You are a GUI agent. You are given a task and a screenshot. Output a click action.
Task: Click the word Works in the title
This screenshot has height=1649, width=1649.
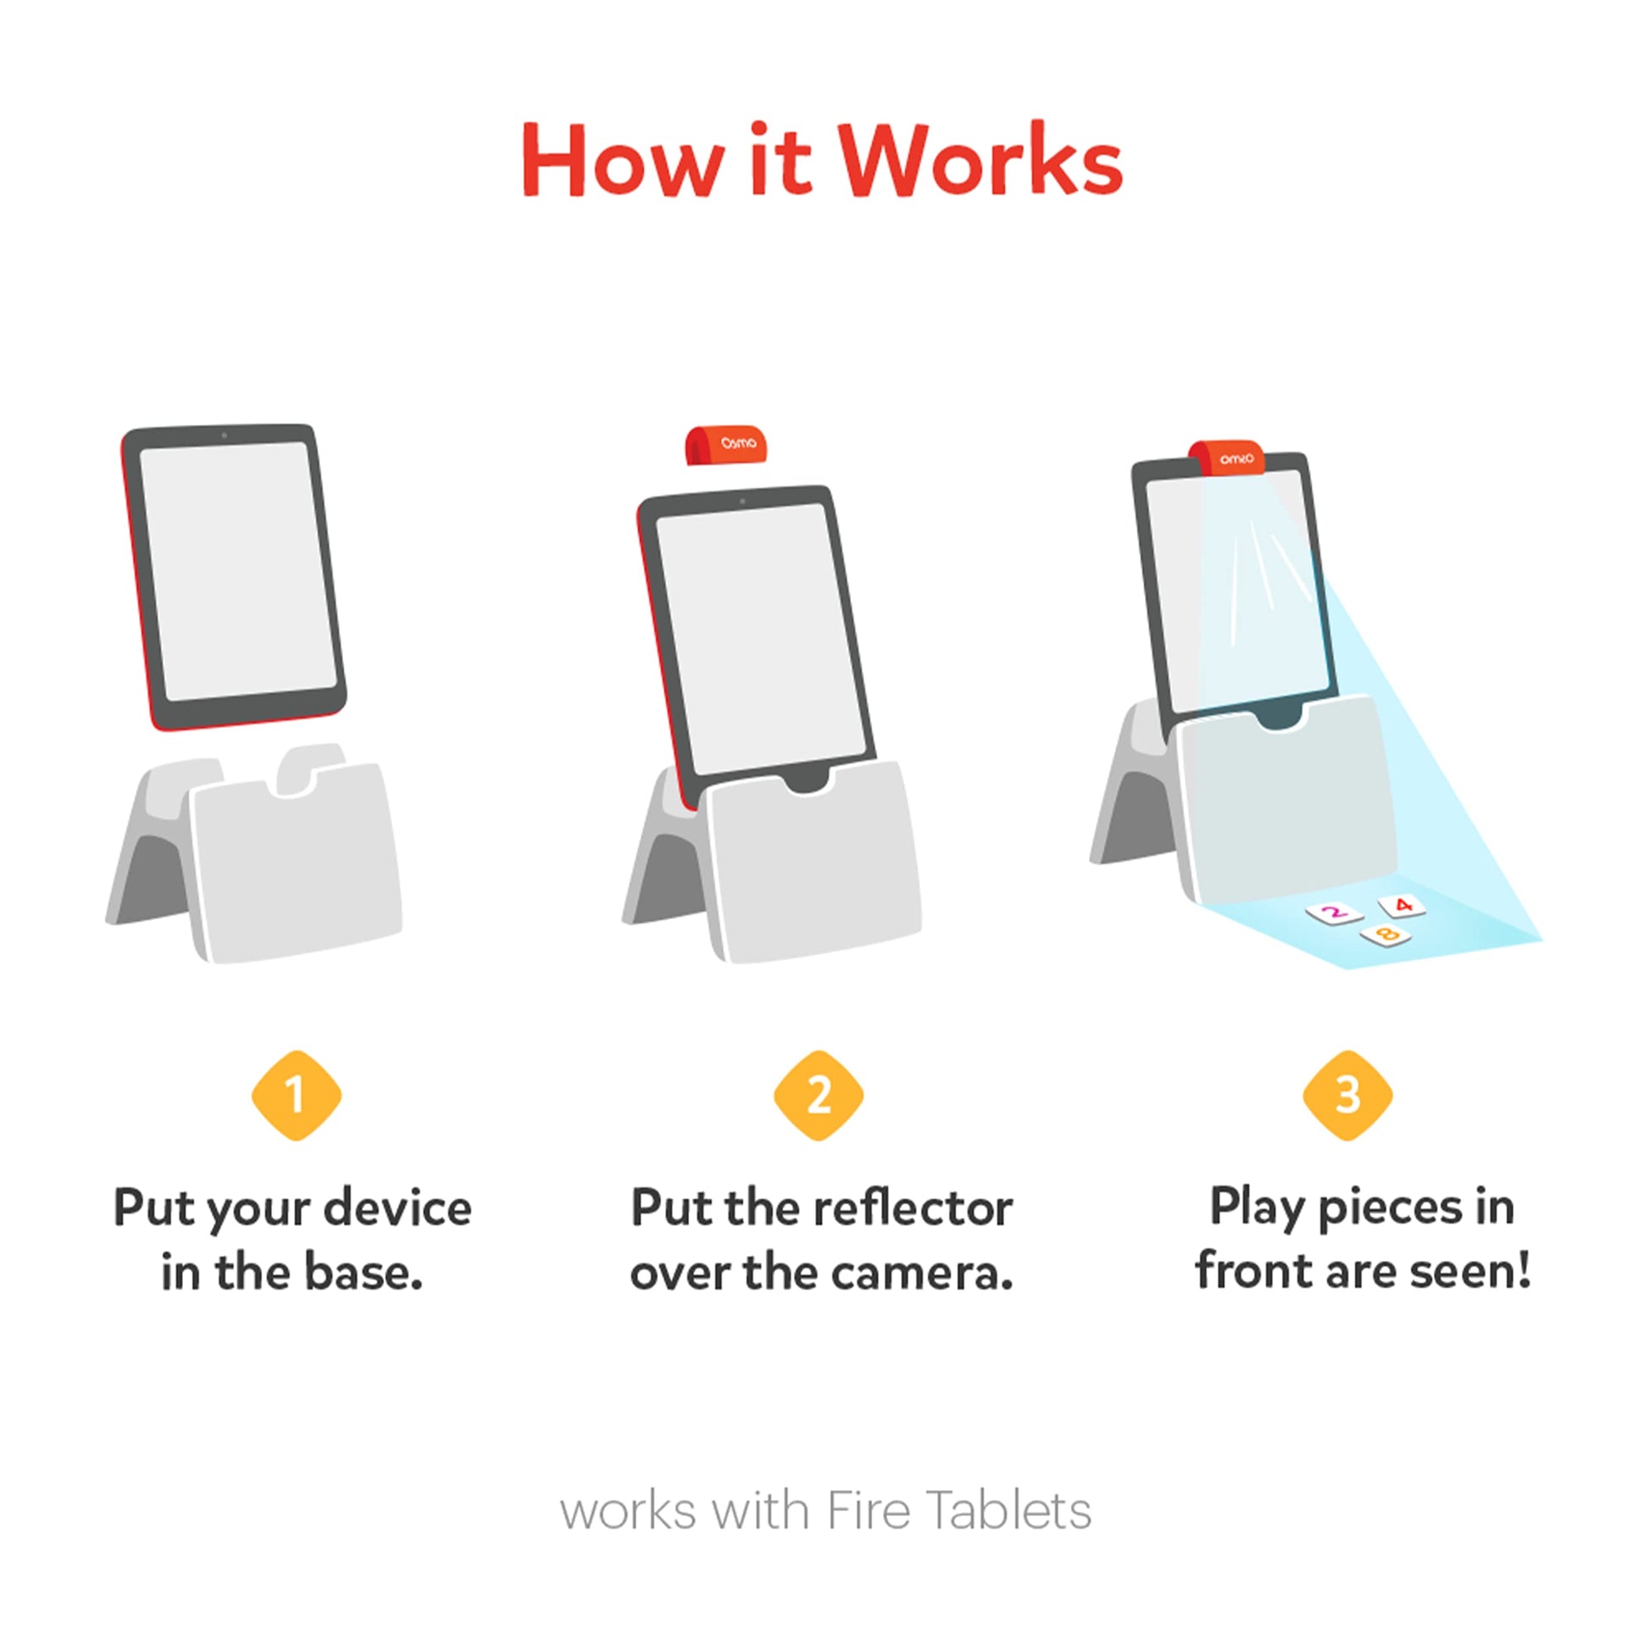[979, 160]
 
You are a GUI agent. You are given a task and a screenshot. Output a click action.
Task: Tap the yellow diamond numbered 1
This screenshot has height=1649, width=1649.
[297, 1095]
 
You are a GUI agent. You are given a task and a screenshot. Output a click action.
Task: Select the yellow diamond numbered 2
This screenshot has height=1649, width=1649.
[819, 1095]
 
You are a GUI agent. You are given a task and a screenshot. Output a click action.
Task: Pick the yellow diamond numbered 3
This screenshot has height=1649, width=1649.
[1347, 1095]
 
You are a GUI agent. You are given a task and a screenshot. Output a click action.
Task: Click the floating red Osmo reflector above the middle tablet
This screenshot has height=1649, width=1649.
[726, 445]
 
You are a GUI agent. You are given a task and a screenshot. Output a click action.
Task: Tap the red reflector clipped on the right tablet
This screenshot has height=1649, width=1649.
[1226, 458]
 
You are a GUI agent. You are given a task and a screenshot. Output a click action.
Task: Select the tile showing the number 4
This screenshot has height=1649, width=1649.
[1402, 905]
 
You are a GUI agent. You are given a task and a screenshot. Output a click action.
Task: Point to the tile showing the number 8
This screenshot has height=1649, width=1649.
[1386, 936]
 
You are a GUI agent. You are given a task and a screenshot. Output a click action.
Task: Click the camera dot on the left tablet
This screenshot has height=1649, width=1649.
[225, 436]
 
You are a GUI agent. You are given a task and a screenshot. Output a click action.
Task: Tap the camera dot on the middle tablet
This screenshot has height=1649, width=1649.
[742, 501]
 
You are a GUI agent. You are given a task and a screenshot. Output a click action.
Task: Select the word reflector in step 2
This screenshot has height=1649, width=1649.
[913, 1209]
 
